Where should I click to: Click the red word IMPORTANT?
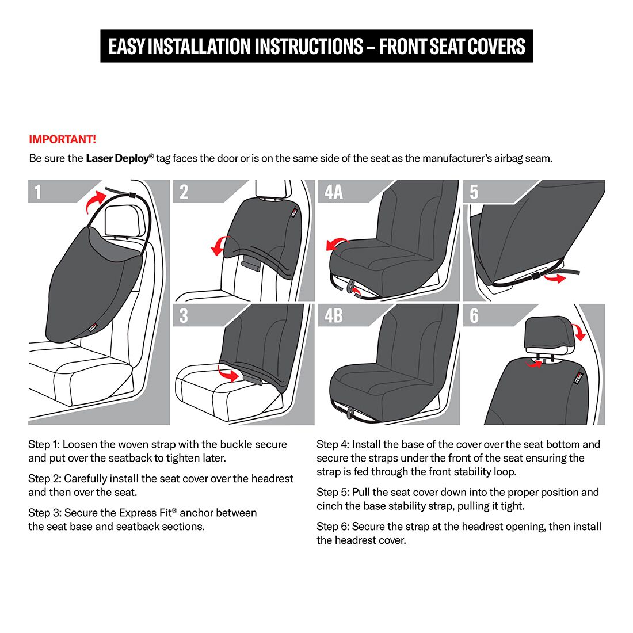click(62, 139)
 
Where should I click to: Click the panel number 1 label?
click(38, 192)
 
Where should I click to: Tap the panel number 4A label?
click(333, 192)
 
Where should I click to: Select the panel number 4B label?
click(333, 315)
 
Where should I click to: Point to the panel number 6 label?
click(474, 315)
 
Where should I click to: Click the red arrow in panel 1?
click(94, 202)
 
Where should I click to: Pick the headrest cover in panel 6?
click(550, 332)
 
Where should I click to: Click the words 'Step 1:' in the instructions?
click(44, 444)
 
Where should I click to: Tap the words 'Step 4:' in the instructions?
click(332, 444)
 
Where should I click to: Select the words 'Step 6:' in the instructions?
click(332, 526)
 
